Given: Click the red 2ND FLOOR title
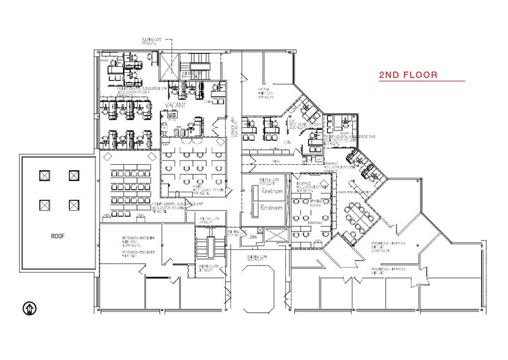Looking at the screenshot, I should (408, 75).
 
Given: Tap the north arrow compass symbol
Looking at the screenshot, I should (28, 307).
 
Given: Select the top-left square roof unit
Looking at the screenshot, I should (44, 176).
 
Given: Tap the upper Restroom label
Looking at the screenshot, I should (271, 192).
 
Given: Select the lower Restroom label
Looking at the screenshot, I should (271, 208).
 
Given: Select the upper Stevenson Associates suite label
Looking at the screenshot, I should (139, 239).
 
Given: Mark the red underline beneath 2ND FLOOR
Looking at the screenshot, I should (422, 81).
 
